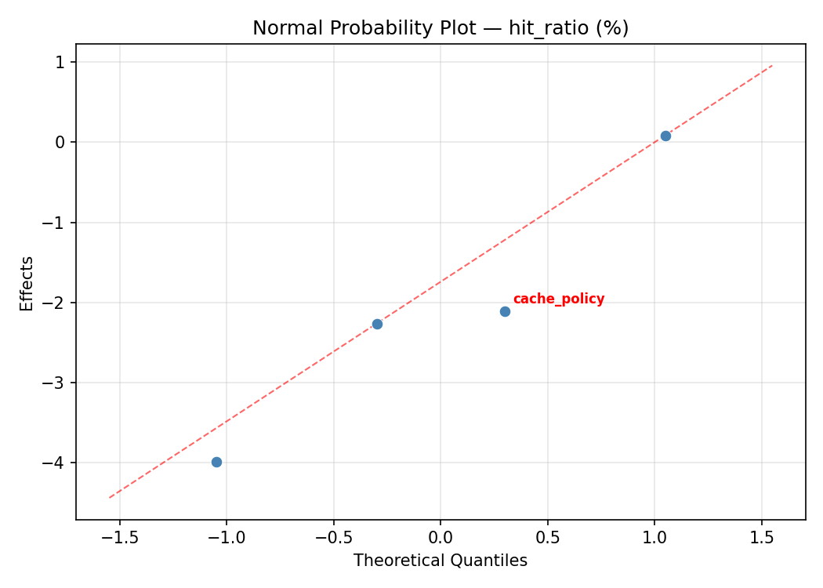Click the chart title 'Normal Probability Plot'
pyautogui.click(x=363, y=28)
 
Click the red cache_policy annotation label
pyautogui.click(x=558, y=299)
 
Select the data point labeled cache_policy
pyautogui.click(x=505, y=311)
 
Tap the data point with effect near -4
pyautogui.click(x=216, y=462)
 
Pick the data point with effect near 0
pyautogui.click(x=665, y=136)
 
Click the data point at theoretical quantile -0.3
pyautogui.click(x=377, y=324)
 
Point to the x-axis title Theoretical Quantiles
pyautogui.click(x=440, y=561)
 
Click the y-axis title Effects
pyautogui.click(x=27, y=283)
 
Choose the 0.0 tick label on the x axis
pyautogui.click(x=441, y=538)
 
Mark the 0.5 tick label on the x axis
pyautogui.click(x=547, y=538)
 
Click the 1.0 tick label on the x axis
pyautogui.click(x=654, y=538)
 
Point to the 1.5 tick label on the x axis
pyautogui.click(x=761, y=538)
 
